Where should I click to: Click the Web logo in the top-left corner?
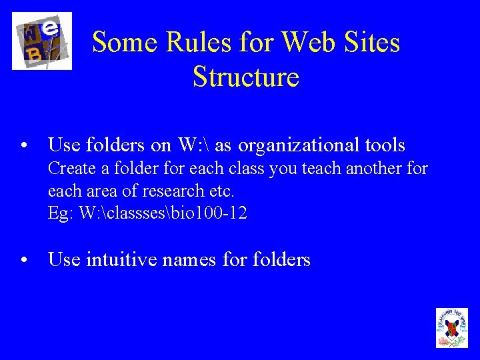(42, 41)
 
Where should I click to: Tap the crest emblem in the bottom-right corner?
(451, 327)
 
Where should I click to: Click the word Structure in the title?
(245, 77)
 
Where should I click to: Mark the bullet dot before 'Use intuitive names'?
(23, 261)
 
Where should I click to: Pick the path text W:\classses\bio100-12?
(162, 214)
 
